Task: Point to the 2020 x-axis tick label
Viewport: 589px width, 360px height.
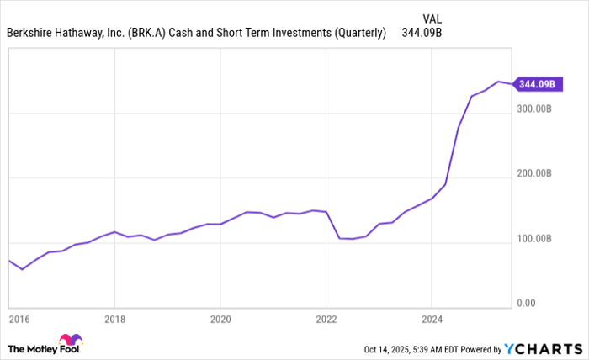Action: click(220, 320)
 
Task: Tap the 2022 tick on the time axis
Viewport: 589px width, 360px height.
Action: click(326, 320)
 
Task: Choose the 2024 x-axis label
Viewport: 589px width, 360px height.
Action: click(431, 320)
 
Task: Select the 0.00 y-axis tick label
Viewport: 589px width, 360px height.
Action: click(525, 303)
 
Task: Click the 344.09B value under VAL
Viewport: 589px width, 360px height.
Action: click(422, 34)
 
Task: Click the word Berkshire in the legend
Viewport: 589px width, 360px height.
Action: click(31, 34)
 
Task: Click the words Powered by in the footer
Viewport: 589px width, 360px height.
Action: click(476, 348)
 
